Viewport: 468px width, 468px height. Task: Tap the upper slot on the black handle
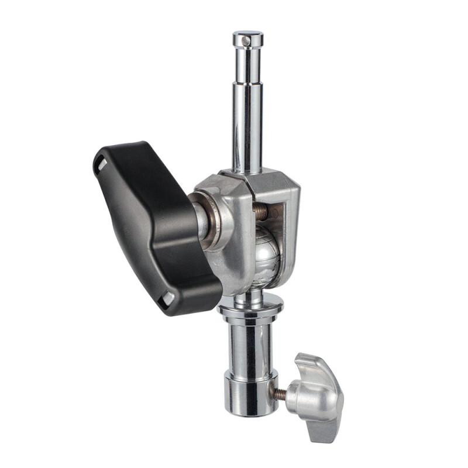click(100, 166)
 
